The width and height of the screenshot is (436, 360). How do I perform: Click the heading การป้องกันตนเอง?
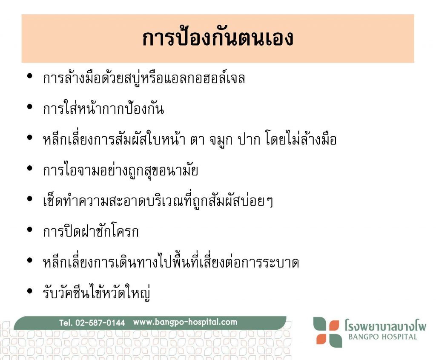tap(218, 37)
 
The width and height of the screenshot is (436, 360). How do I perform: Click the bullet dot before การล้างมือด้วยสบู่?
tap(30, 76)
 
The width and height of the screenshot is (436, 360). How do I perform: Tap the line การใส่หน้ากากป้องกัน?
tap(103, 108)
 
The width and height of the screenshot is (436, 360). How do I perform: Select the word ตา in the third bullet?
tap(198, 140)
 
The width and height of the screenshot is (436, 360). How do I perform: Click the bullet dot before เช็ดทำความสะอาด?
tap(30, 199)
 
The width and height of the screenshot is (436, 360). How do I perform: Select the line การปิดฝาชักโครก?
tap(91, 230)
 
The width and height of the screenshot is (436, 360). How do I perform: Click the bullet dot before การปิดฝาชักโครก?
tap(30, 230)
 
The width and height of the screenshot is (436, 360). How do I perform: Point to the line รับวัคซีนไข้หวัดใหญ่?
tap(97, 292)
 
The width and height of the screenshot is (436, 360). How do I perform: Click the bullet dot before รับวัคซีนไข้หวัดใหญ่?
tap(30, 291)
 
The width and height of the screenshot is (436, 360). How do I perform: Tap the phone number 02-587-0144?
tap(100, 323)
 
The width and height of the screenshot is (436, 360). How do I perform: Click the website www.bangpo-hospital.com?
tap(185, 322)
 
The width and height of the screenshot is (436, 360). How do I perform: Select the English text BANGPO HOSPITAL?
tap(383, 337)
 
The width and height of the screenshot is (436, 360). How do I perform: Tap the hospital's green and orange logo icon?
tap(327, 332)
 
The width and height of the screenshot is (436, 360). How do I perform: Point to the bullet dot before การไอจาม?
tap(30, 168)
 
